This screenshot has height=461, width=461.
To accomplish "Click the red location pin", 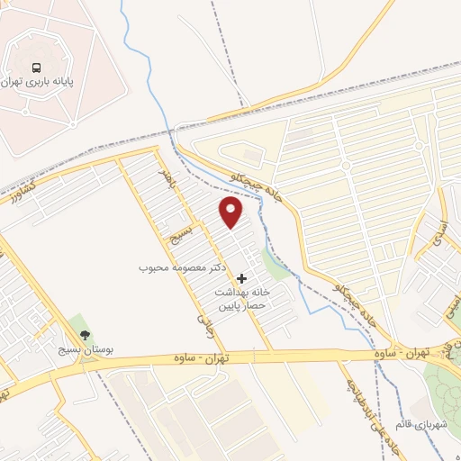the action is coord(231,211).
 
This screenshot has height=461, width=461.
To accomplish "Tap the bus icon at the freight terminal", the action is coord(37,68).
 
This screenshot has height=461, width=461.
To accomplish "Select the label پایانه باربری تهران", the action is coord(38,83).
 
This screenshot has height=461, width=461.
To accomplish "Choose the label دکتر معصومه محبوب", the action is coord(186,267).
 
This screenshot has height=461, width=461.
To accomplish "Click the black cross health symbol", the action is coord(240,279).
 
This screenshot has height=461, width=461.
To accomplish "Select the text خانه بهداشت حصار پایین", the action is coord(241,300).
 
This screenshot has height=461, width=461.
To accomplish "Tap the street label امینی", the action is coord(447,298).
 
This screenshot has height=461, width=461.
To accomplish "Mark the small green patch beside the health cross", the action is coord(274,267).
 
